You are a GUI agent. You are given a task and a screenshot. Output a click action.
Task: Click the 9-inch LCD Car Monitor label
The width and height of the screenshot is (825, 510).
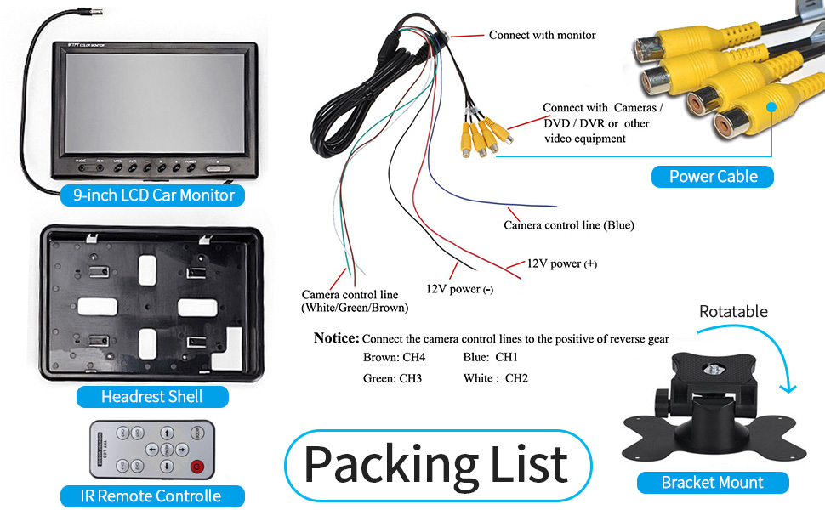tap(153, 195)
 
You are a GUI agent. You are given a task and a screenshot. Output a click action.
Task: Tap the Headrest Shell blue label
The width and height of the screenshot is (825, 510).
tap(152, 397)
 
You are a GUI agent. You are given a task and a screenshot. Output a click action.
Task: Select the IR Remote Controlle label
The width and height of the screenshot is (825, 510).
tap(152, 496)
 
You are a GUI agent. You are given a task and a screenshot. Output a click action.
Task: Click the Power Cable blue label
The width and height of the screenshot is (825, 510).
tap(713, 177)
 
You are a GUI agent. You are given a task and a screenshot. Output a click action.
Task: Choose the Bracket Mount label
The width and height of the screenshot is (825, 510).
tap(712, 483)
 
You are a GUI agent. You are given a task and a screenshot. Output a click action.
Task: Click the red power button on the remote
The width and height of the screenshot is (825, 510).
tap(197, 466)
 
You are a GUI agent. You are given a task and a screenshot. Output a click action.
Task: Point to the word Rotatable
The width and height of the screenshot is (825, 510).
tap(733, 312)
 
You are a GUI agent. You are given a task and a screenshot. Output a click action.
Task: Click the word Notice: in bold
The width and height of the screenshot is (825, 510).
tap(337, 338)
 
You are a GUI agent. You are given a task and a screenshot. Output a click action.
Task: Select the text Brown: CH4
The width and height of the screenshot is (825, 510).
tap(394, 357)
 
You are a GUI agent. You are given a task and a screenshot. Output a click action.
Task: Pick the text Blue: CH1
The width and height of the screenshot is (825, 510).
tap(491, 357)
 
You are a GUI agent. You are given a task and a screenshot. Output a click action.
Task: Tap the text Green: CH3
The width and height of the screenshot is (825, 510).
tap(392, 378)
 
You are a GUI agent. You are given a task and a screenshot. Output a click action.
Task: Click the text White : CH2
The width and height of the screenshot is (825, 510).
tap(496, 378)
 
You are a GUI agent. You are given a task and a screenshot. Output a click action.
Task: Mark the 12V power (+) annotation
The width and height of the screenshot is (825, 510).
tap(561, 263)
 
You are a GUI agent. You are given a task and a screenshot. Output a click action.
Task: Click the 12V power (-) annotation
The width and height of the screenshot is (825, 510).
tap(459, 289)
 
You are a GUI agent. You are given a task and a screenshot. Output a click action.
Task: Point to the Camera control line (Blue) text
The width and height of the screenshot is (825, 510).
tap(569, 225)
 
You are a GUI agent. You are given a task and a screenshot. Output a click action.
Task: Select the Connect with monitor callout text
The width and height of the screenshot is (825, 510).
tap(542, 35)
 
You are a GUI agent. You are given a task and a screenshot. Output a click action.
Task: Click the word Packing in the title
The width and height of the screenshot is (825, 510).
tap(377, 464)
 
